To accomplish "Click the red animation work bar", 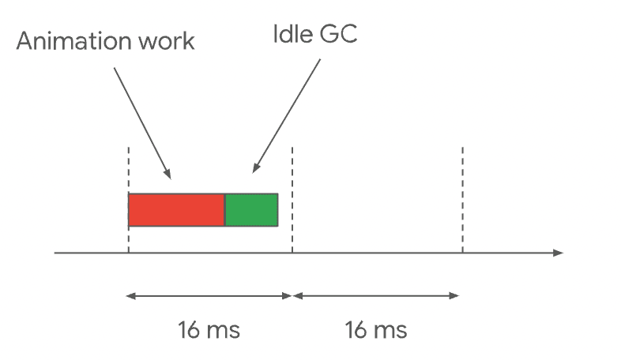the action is point(177,210).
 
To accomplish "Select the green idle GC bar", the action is point(251,210).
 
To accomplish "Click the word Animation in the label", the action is point(74,41).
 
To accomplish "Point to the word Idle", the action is point(292,34).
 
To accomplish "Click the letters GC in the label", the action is point(338,34).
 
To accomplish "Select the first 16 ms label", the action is point(209,330).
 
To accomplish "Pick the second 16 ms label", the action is point(376,330).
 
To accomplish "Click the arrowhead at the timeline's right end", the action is point(558,253).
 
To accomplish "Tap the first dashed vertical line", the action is point(128,200).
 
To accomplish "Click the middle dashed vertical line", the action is point(292,200).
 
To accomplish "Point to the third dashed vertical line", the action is point(462,200).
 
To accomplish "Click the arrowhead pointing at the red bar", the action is point(168,174).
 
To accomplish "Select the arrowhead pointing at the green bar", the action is point(256,168).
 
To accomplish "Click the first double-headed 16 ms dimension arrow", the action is point(209,296).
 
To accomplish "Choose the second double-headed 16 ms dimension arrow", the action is point(376,296).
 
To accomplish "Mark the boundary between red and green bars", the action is point(225,210).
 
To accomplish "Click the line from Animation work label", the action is point(142,123).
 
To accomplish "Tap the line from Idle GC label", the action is point(286,116).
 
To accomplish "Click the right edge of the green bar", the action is point(278,210).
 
